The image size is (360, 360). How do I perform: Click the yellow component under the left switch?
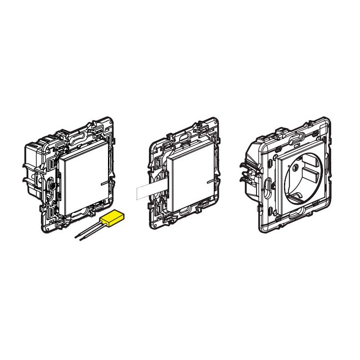point(113,218)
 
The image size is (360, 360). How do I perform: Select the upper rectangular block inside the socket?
point(310,173)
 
